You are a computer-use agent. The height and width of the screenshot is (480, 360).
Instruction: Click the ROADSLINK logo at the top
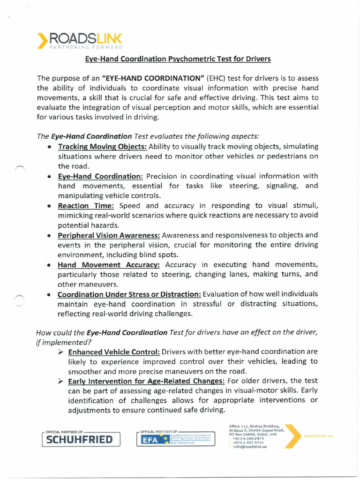[80, 39]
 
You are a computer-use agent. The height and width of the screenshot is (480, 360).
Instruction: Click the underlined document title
[178, 59]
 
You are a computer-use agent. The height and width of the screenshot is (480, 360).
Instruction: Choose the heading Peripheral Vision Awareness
[109, 235]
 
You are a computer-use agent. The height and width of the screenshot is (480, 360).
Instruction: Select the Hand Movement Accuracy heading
[109, 264]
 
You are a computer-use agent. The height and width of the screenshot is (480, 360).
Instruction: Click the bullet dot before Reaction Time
[49, 206]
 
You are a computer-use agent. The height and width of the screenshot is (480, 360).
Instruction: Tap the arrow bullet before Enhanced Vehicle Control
[61, 352]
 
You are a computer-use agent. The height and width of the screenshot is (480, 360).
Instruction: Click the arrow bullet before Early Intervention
[61, 381]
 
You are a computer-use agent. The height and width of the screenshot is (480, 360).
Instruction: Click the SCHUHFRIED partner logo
[81, 439]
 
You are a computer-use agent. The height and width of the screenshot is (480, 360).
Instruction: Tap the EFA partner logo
[176, 439]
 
